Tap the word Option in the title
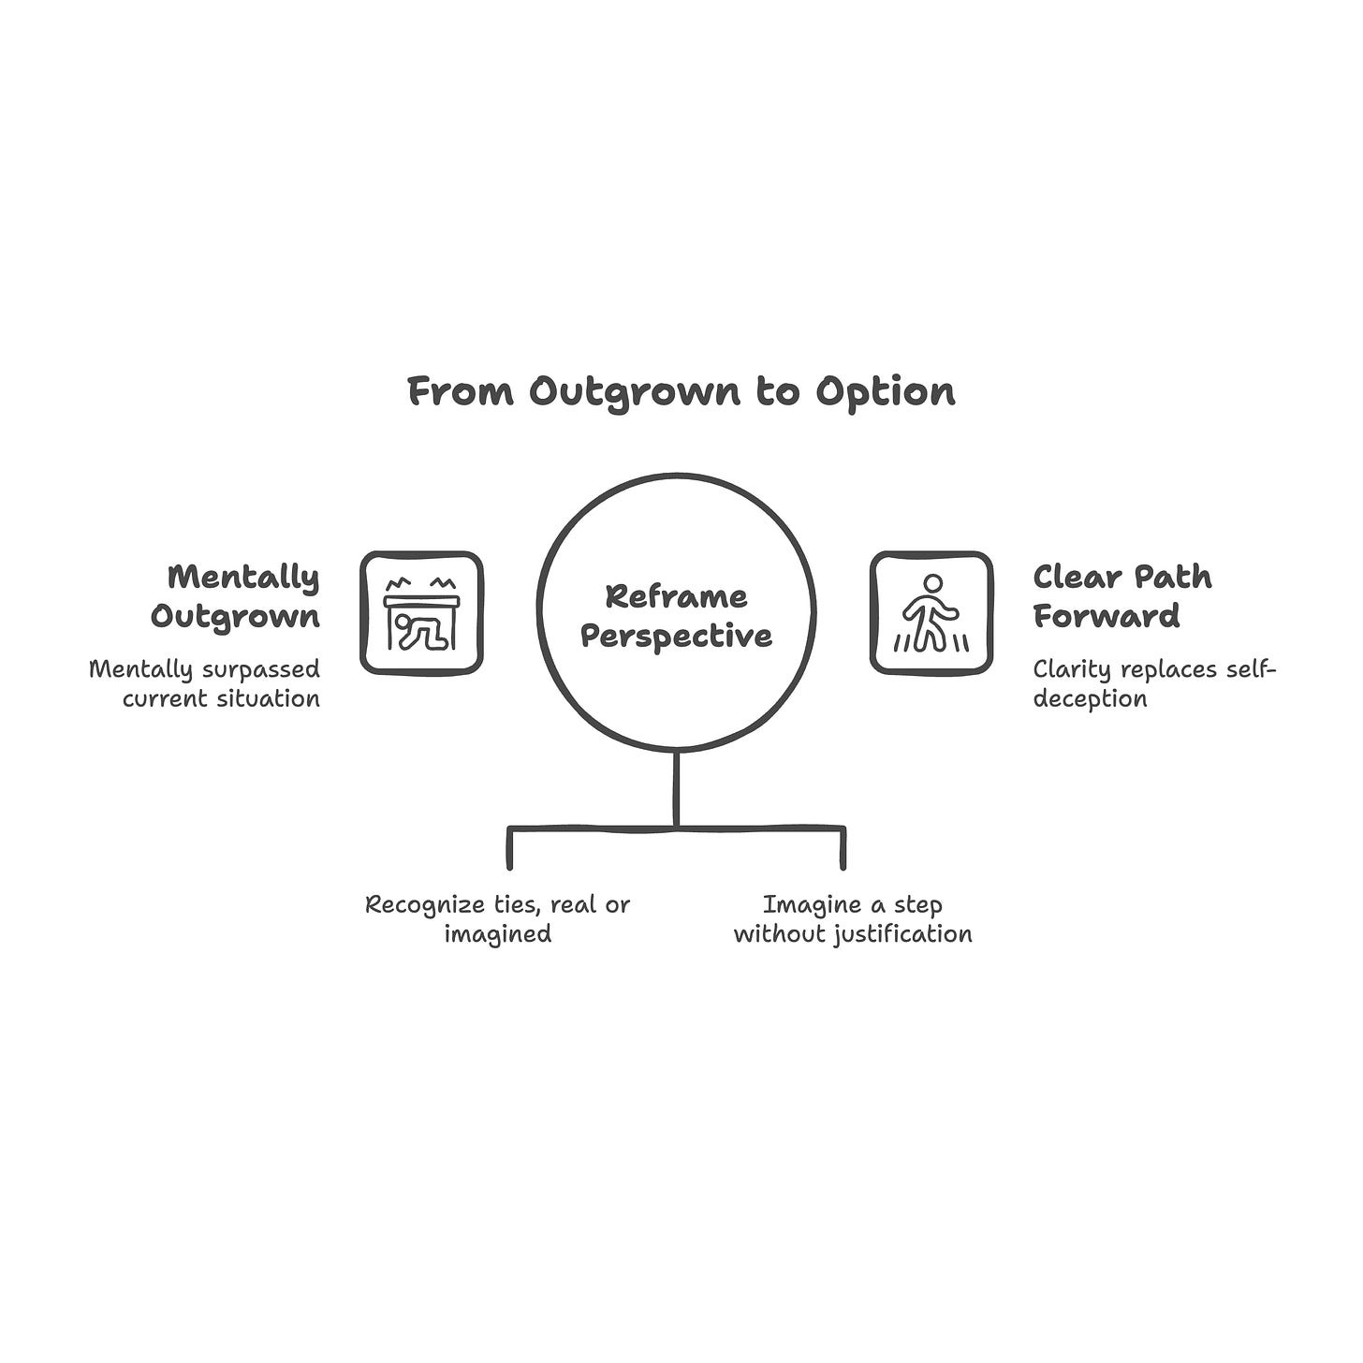click(x=885, y=391)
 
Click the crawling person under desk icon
click(x=421, y=613)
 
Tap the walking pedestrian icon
click(x=931, y=613)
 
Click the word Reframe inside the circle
click(x=676, y=596)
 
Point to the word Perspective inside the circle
click(x=676, y=636)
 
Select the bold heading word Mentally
click(x=243, y=578)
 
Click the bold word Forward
click(x=1106, y=617)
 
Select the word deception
click(x=1090, y=699)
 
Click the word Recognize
click(x=425, y=905)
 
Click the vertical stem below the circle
click(x=676, y=788)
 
